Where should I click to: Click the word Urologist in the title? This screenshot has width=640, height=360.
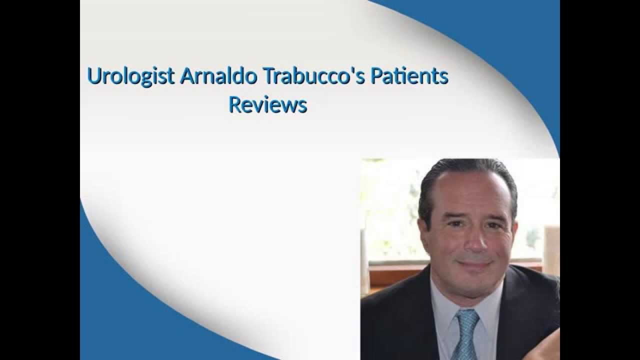point(130,76)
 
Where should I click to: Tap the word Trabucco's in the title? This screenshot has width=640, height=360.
point(300,76)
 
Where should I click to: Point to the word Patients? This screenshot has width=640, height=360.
point(408,76)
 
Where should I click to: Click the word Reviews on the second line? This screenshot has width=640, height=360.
point(267,105)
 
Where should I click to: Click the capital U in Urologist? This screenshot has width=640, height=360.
point(92,76)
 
